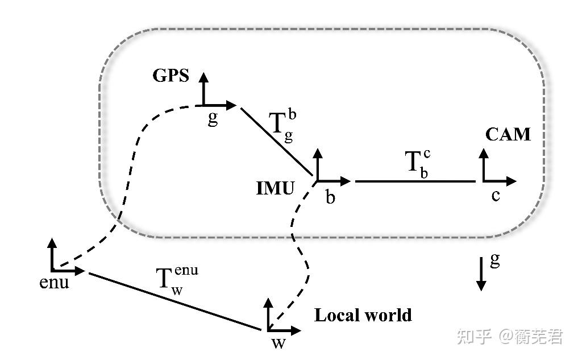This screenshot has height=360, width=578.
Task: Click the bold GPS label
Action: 171,76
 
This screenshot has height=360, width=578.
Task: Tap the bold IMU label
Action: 275,188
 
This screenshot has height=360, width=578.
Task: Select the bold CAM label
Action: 508,134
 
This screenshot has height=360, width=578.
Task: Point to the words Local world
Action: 363,315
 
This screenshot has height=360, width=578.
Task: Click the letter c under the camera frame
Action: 496,196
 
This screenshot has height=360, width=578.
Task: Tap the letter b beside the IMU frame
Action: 330,197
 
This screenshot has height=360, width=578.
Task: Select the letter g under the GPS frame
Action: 213,120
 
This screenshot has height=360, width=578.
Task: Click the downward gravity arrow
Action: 481,274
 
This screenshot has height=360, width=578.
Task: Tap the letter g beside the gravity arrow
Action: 495,261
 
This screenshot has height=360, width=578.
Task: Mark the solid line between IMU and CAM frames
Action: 415,181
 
